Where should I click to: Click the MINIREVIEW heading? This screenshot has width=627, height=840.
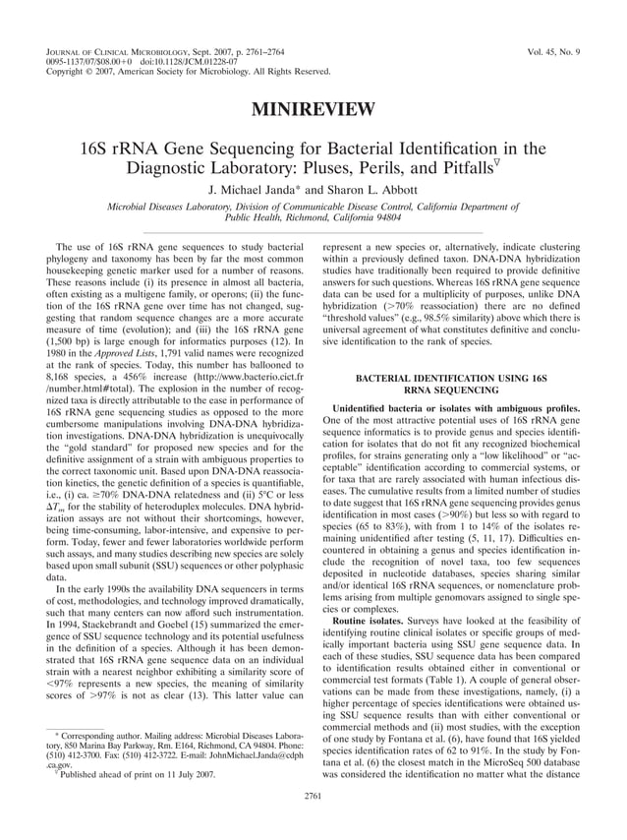coord(313,108)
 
